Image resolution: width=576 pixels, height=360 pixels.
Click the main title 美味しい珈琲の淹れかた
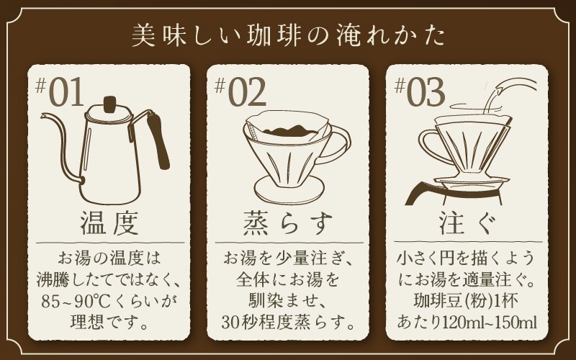pyautogui.click(x=289, y=35)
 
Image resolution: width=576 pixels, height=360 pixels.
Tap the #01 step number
pyautogui.click(x=60, y=92)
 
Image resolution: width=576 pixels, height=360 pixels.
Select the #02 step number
pyautogui.click(x=240, y=92)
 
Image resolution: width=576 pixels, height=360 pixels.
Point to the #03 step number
pyautogui.click(x=420, y=92)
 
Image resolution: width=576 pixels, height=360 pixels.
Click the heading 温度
pyautogui.click(x=109, y=223)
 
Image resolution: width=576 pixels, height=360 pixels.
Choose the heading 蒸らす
pyautogui.click(x=288, y=223)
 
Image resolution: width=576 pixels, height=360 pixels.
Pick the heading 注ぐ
pyautogui.click(x=467, y=223)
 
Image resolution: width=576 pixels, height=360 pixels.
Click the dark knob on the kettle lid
pyautogui.click(x=109, y=104)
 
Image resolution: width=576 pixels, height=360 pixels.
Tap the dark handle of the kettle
pyautogui.click(x=158, y=140)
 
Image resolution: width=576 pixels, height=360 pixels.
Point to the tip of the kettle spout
pyautogui.click(x=42, y=116)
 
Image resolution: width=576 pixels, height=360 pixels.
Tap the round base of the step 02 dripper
pyautogui.click(x=289, y=189)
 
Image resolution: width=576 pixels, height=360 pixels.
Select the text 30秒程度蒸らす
pyautogui.click(x=289, y=323)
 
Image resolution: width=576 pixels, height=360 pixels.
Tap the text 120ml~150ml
pyautogui.click(x=490, y=323)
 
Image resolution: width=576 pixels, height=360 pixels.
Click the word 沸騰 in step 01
pyautogui.click(x=50, y=280)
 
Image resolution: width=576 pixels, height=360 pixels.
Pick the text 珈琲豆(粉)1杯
pyautogui.click(x=466, y=301)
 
